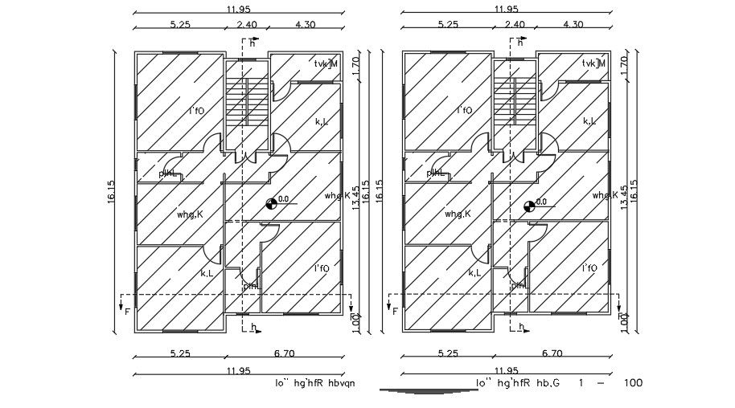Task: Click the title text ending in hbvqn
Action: (x=314, y=383)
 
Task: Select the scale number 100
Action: (x=633, y=383)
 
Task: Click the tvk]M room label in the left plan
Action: (x=326, y=63)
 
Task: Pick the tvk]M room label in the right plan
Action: (x=593, y=63)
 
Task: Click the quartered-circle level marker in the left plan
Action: (x=272, y=204)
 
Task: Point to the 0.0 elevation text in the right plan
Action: (x=540, y=202)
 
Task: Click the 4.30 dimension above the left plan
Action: (x=306, y=25)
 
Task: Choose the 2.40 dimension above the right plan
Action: (x=514, y=25)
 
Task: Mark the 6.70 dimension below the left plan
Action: (x=283, y=353)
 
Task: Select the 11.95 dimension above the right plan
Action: (x=506, y=9)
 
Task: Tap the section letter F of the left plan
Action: (x=127, y=311)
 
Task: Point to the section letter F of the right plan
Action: (x=395, y=311)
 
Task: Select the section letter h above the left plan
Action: (x=251, y=43)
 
